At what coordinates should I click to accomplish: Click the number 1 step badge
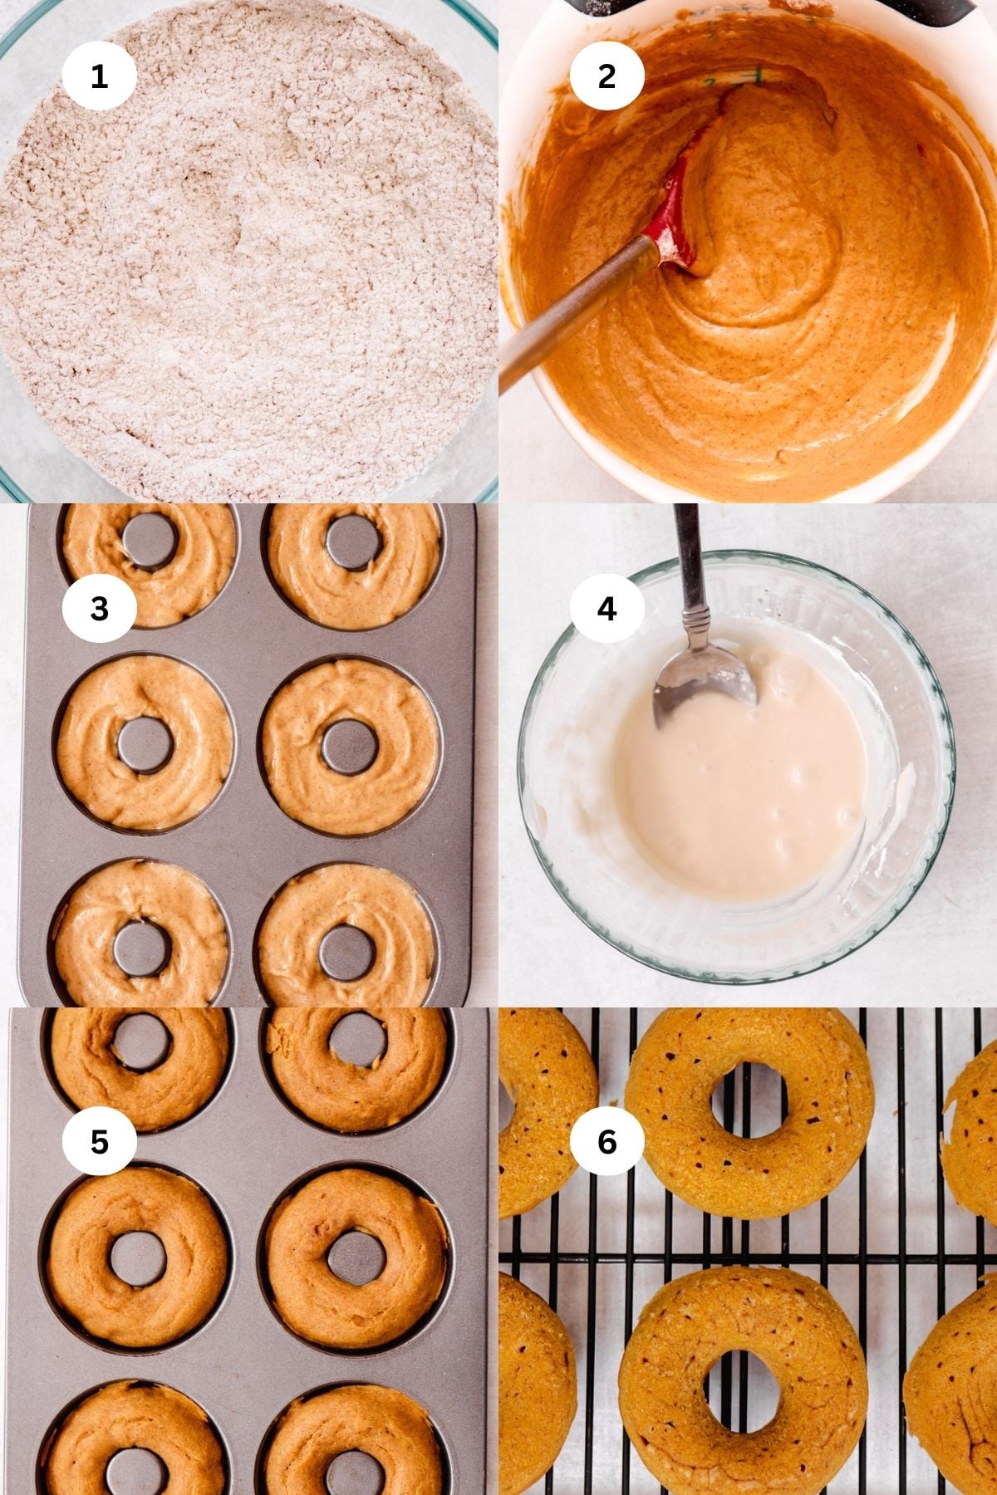pos(99,76)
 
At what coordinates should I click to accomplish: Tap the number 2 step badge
pos(607,76)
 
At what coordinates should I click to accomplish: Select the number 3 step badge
pos(99,609)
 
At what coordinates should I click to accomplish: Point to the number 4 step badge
pos(607,609)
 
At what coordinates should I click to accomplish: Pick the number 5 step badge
pos(99,1141)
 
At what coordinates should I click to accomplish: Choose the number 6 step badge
pos(607,1141)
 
